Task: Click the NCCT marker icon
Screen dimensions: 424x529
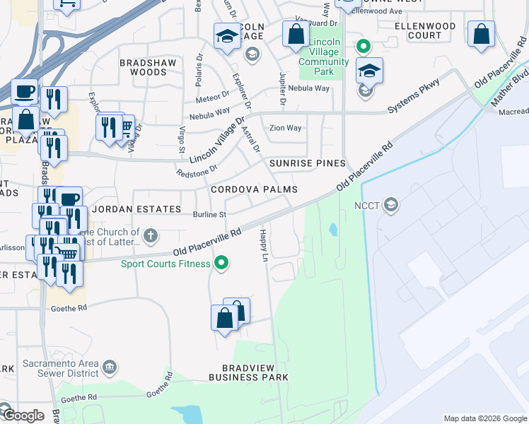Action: (x=391, y=206)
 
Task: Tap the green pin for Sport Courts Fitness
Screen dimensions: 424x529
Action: (x=221, y=264)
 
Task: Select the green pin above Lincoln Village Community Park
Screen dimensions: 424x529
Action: (x=363, y=47)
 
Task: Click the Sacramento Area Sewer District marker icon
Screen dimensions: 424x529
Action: (x=109, y=367)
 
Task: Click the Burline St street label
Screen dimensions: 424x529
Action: (x=209, y=215)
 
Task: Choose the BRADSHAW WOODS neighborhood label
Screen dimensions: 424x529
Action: (x=143, y=67)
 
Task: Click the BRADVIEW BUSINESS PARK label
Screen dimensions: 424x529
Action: (x=248, y=373)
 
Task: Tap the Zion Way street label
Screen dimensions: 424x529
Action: (x=286, y=128)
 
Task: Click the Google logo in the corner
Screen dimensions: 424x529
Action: (x=23, y=416)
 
